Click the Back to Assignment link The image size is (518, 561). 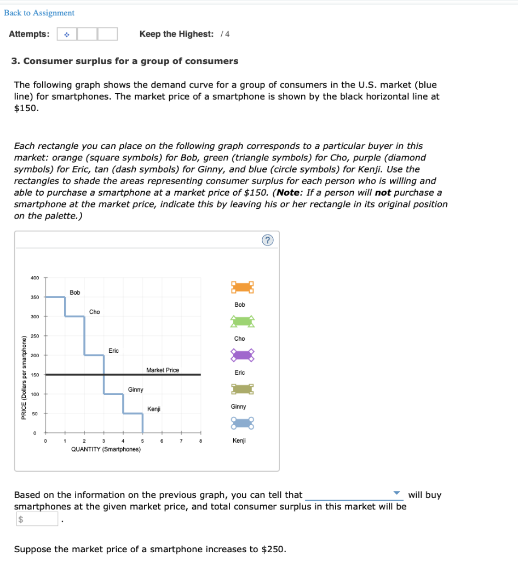click(x=39, y=13)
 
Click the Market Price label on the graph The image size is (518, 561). click(x=163, y=370)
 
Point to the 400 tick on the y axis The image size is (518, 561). click(x=34, y=278)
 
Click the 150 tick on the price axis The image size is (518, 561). click(x=34, y=375)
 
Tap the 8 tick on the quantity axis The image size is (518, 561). click(x=200, y=441)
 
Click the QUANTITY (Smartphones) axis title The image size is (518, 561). click(x=106, y=449)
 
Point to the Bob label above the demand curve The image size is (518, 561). click(x=75, y=293)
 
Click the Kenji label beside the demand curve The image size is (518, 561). click(x=154, y=409)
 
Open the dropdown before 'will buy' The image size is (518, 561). click(x=354, y=495)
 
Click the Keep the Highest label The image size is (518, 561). click(x=176, y=34)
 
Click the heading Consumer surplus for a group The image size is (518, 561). click(x=125, y=61)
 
